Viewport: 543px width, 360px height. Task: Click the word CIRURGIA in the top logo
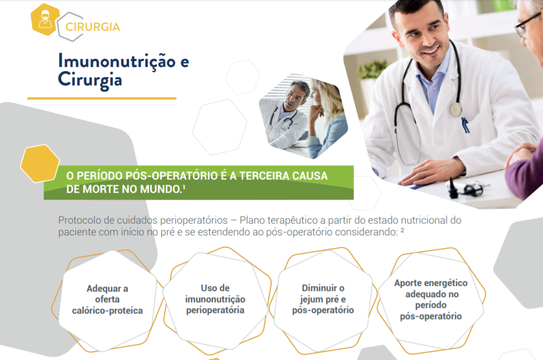[x=93, y=27]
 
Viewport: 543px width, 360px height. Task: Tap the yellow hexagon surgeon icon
[x=45, y=19]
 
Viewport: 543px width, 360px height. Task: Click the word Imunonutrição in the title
[x=117, y=61]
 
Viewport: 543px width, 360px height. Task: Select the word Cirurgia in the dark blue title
[x=90, y=80]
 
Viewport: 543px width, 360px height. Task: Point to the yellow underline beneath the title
[x=102, y=98]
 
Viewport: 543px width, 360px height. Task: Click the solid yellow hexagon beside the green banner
[x=40, y=164]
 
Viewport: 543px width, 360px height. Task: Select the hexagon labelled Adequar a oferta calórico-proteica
[x=107, y=300]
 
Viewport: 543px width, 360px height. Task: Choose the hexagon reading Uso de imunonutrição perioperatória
[x=215, y=300]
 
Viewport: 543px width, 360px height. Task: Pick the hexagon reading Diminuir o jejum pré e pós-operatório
[x=323, y=300]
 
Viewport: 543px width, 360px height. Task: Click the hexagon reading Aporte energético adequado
[x=431, y=300]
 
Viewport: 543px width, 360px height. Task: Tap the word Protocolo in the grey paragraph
[x=80, y=220]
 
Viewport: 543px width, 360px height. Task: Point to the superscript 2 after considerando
[x=402, y=230]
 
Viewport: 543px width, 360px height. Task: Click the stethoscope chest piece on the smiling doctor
[x=455, y=109]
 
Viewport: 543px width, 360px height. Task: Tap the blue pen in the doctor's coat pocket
[x=466, y=125]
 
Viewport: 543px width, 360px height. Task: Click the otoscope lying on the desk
[x=465, y=188]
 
